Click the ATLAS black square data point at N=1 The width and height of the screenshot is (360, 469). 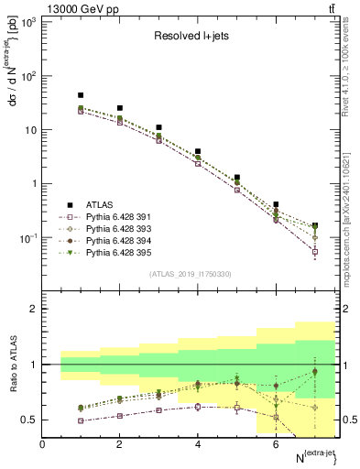tap(81, 95)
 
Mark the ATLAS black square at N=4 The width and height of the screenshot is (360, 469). tap(198, 151)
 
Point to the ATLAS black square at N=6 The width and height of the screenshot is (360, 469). tap(276, 204)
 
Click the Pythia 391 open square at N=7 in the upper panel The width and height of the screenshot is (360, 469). tap(315, 251)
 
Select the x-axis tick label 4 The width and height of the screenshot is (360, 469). tap(198, 444)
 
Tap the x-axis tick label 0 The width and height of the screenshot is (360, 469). tap(42, 444)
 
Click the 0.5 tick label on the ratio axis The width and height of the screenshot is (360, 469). tap(30, 420)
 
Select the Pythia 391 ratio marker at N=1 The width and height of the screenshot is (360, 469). tap(81, 420)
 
